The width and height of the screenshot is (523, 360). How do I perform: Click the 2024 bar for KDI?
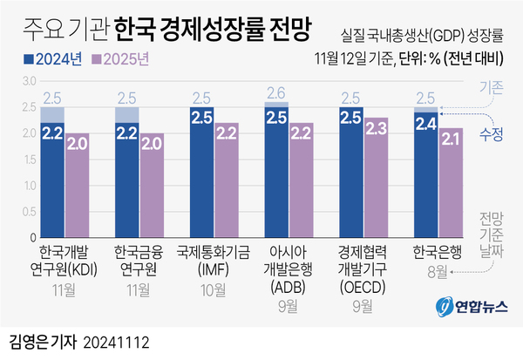pyautogui.click(x=51, y=179)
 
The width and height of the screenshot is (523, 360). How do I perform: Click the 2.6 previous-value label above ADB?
pyautogui.click(x=276, y=93)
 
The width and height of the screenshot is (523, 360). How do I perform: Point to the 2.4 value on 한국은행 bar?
pyautogui.click(x=425, y=125)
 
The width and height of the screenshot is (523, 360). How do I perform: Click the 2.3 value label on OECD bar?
pyautogui.click(x=377, y=129)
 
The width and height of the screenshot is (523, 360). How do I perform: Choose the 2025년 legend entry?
pyautogui.click(x=125, y=61)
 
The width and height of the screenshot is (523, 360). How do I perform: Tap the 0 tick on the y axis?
pyautogui.click(x=31, y=237)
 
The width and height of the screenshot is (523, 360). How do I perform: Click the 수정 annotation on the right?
pyautogui.click(x=490, y=132)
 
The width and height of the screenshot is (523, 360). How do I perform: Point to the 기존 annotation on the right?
pyautogui.click(x=490, y=88)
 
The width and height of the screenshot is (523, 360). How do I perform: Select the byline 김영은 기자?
pyautogui.click(x=43, y=343)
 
